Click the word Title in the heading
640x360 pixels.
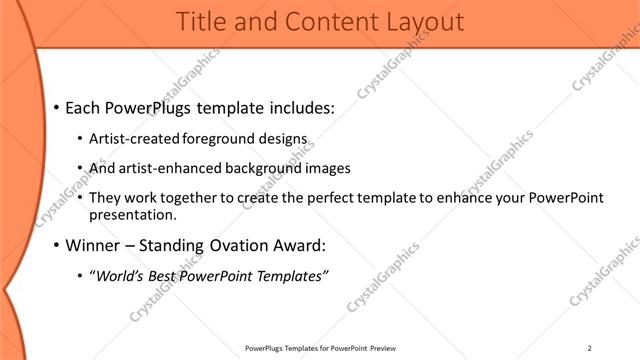point(201,21)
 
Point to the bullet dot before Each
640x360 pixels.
point(57,107)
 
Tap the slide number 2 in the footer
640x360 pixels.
point(589,349)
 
